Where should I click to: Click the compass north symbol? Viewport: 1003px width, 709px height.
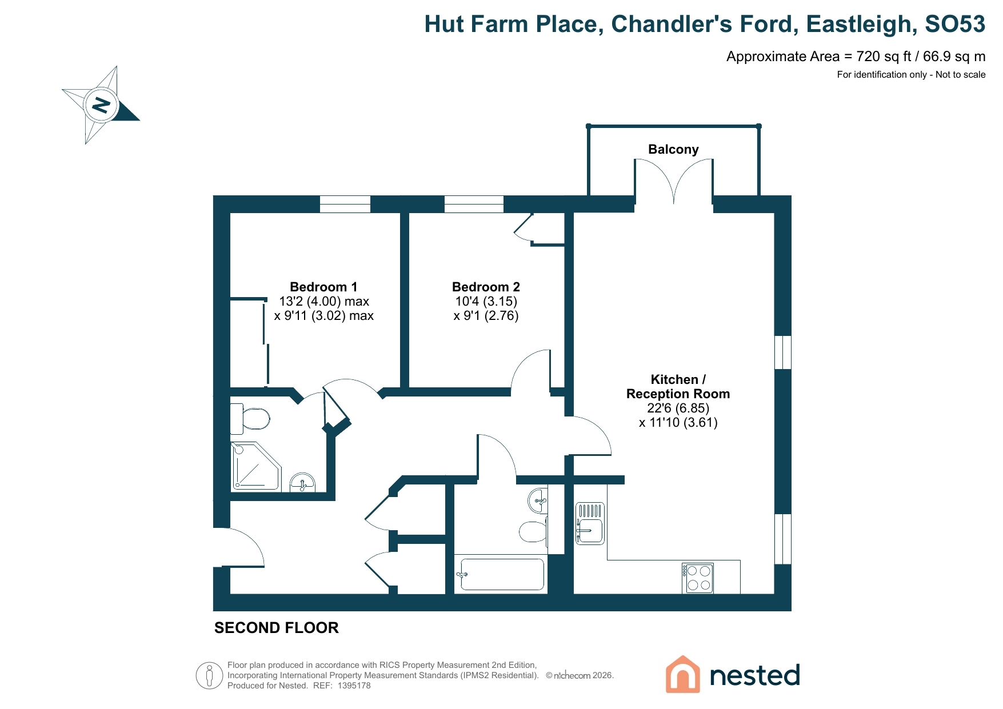tap(101, 105)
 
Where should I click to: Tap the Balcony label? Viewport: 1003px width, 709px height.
tap(673, 150)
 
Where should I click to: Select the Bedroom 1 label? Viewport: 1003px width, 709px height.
tap(323, 287)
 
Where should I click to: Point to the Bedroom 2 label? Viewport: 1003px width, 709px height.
tap(486, 287)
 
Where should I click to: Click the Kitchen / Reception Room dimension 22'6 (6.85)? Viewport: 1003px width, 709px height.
tap(678, 408)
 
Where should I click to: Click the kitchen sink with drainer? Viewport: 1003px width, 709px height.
tap(590, 523)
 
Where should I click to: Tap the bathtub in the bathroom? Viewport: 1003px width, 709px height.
tap(501, 574)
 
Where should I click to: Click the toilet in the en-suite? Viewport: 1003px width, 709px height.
tap(250, 419)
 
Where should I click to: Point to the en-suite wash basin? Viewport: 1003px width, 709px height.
tap(303, 482)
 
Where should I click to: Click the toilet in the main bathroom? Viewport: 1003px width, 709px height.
tap(534, 531)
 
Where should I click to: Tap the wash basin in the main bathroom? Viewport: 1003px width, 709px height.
tap(538, 501)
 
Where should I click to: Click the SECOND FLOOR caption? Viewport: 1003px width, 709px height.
tap(277, 628)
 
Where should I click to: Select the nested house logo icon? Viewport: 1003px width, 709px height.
tap(682, 674)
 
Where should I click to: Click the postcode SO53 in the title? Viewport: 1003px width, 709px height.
tap(955, 24)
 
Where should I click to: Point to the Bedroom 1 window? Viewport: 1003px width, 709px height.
tap(345, 204)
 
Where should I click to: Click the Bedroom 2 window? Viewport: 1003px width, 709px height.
tap(474, 204)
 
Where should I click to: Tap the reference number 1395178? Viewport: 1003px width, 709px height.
tap(354, 686)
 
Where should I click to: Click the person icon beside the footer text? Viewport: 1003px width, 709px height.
tap(209, 676)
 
